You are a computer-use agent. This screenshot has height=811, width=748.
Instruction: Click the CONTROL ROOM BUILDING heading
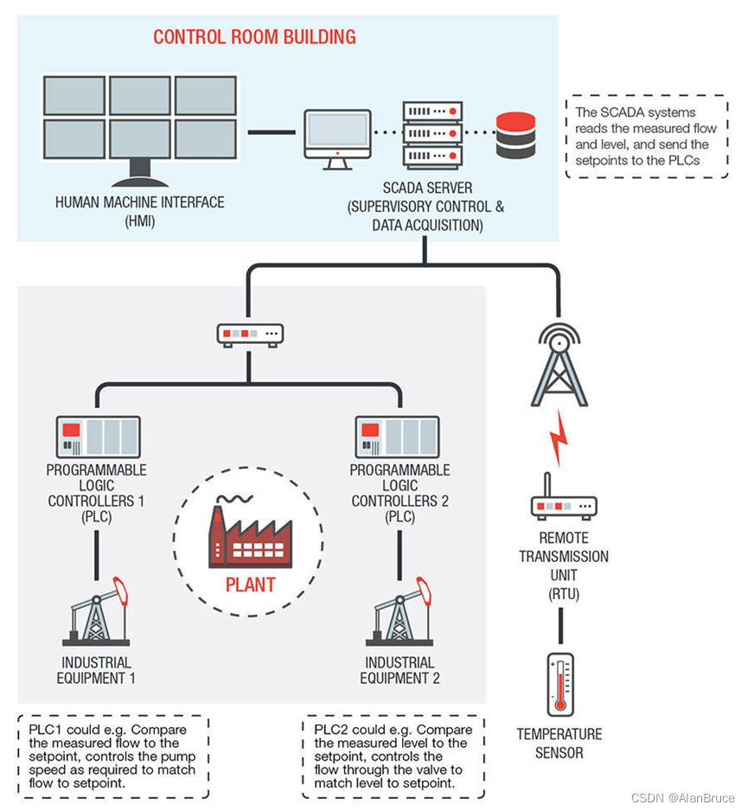(x=254, y=37)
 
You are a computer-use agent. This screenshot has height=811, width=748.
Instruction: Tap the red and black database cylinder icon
(x=515, y=135)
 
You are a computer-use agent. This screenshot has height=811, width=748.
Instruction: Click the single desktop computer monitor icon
(x=337, y=137)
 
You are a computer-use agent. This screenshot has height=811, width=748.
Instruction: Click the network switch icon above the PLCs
(x=250, y=334)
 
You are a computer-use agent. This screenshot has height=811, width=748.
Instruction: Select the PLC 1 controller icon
(x=98, y=437)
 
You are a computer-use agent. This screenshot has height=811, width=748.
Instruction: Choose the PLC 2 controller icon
(x=399, y=437)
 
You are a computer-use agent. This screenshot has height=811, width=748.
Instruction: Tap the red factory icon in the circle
(x=249, y=535)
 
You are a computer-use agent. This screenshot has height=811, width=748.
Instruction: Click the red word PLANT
(x=250, y=584)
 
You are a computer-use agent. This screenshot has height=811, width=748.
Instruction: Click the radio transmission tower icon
(x=559, y=367)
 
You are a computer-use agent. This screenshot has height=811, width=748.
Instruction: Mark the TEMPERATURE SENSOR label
(x=559, y=744)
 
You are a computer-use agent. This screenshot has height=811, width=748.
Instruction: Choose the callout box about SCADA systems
(x=646, y=136)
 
